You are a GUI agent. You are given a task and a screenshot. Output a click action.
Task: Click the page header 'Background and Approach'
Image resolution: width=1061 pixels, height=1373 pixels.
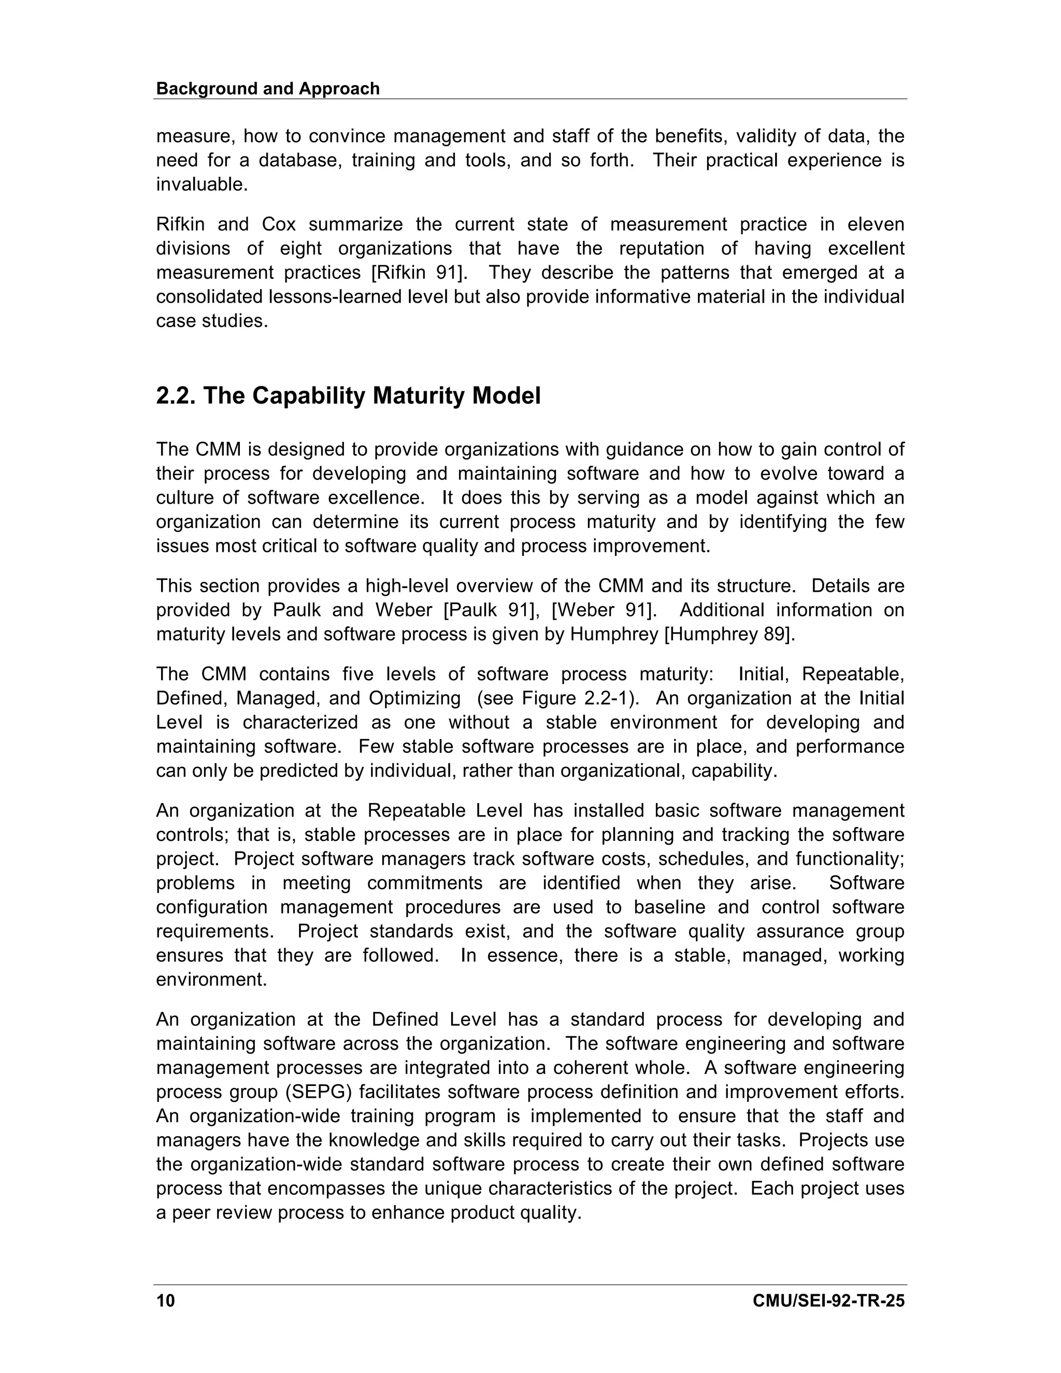coord(268,89)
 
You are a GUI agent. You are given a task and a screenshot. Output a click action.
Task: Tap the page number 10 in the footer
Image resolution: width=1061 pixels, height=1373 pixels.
coord(165,1300)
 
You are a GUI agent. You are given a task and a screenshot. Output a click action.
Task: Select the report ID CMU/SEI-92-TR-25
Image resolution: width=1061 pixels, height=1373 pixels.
coord(828,1300)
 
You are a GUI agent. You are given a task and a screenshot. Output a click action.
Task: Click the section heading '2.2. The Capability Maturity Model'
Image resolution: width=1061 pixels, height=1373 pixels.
coord(348,396)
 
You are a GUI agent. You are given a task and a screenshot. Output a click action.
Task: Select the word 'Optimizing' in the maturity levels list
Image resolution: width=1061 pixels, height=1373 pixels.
coord(415,698)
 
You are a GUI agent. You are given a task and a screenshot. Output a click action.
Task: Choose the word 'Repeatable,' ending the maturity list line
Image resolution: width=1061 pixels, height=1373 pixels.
coord(854,675)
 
